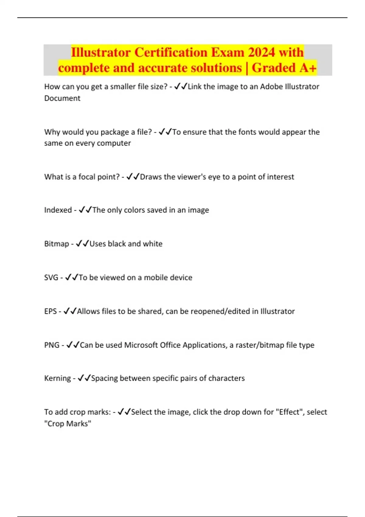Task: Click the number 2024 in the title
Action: [261, 52]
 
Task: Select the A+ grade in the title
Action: [308, 68]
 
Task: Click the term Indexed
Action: [58, 210]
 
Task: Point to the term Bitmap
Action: [56, 244]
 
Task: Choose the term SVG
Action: [51, 278]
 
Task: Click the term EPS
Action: [50, 311]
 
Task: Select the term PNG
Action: [52, 345]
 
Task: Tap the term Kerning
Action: [57, 378]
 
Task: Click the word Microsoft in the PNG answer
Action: [141, 345]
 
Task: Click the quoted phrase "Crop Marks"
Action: [68, 424]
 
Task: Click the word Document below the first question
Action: [62, 98]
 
